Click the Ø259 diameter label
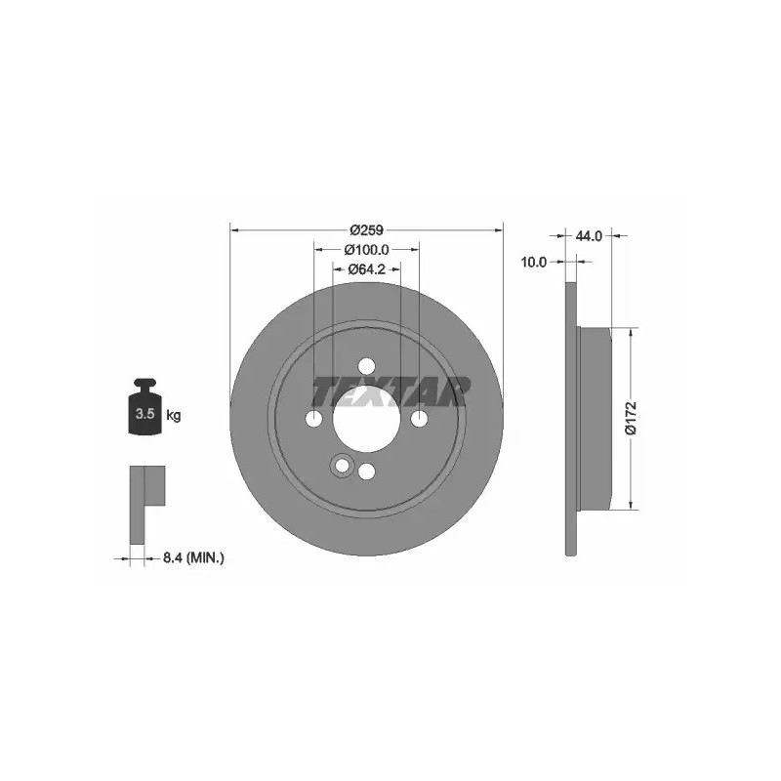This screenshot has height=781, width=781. point(366,230)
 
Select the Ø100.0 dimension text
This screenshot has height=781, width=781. point(366,249)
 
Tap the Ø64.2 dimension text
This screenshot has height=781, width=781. point(367,269)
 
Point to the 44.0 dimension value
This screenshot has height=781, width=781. point(589,236)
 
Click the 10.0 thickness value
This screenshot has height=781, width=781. point(533,262)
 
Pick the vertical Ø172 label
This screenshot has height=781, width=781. point(631,418)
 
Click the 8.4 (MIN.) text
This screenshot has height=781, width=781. point(193,558)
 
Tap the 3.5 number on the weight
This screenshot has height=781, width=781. point(144,413)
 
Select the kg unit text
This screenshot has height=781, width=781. point(174,414)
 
